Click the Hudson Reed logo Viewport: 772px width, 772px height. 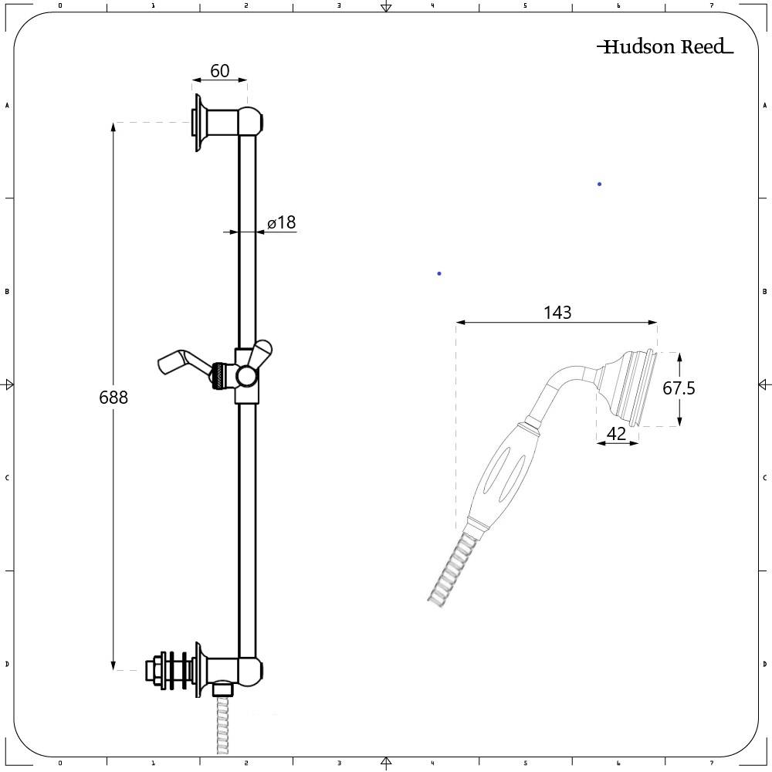(x=665, y=47)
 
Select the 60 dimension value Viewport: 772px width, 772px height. (x=219, y=71)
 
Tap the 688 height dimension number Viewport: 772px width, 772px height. (x=113, y=398)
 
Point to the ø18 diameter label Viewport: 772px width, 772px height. (x=282, y=223)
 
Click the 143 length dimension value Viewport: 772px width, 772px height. (x=557, y=313)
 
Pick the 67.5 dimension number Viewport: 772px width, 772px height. (x=679, y=388)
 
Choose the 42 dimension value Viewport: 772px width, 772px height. (x=616, y=434)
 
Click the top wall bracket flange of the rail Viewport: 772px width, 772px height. (x=199, y=123)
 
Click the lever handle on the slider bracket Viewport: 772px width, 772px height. (x=179, y=362)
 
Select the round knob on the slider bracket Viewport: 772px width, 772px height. (x=247, y=376)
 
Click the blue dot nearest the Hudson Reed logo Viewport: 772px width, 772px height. (x=599, y=184)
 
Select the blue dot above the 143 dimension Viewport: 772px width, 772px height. (x=439, y=273)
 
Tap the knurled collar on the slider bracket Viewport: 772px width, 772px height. (x=221, y=376)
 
